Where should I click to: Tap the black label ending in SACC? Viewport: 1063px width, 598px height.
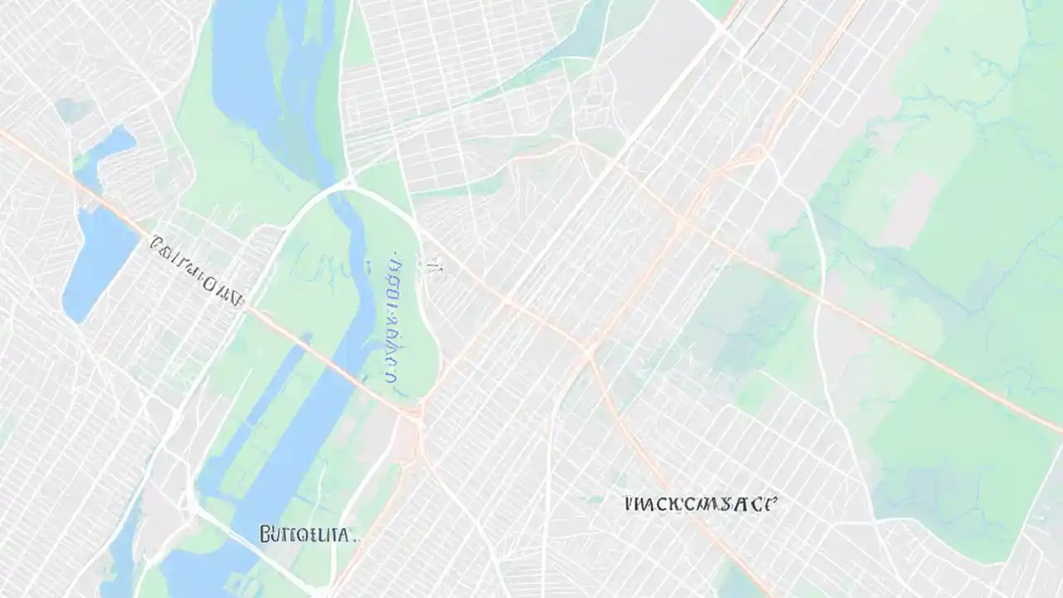pyautogui.click(x=701, y=503)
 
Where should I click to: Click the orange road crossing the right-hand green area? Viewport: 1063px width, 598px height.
pyautogui.click(x=914, y=349)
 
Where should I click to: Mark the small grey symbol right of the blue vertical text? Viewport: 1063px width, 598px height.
pyautogui.click(x=432, y=267)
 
